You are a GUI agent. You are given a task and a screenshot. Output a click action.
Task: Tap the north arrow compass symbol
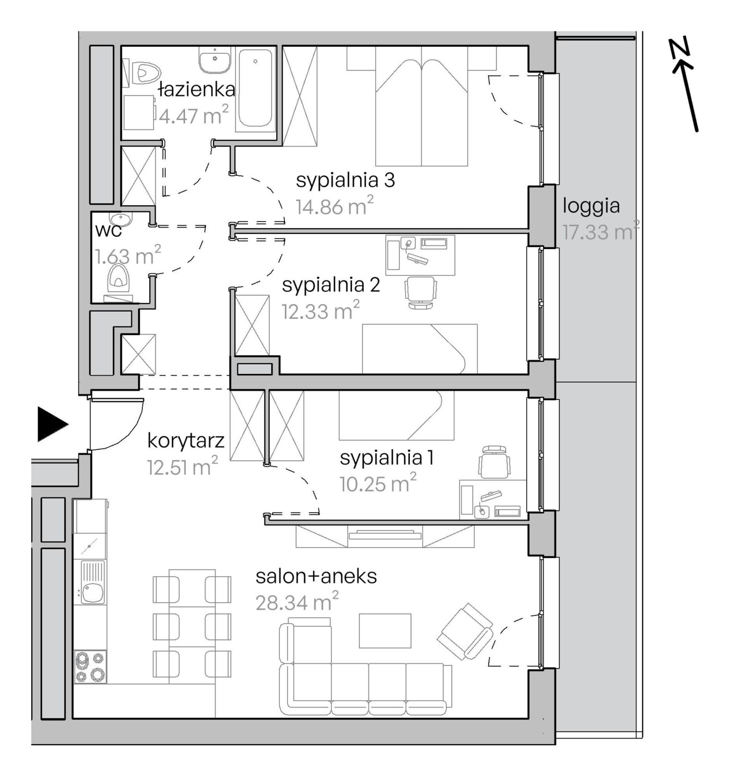(685, 86)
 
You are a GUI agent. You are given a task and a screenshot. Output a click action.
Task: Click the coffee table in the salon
(385, 631)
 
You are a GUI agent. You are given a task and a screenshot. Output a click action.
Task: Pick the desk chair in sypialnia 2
(420, 293)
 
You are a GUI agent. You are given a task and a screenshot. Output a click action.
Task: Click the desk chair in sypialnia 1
(494, 462)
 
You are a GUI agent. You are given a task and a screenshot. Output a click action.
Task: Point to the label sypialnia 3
(345, 181)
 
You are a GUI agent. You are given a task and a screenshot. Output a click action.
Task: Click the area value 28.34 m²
(297, 602)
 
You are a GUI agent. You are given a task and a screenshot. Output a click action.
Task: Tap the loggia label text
(591, 206)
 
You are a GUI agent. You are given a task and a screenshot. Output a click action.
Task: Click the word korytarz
(186, 441)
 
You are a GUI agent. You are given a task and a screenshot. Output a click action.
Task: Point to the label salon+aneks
(316, 577)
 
